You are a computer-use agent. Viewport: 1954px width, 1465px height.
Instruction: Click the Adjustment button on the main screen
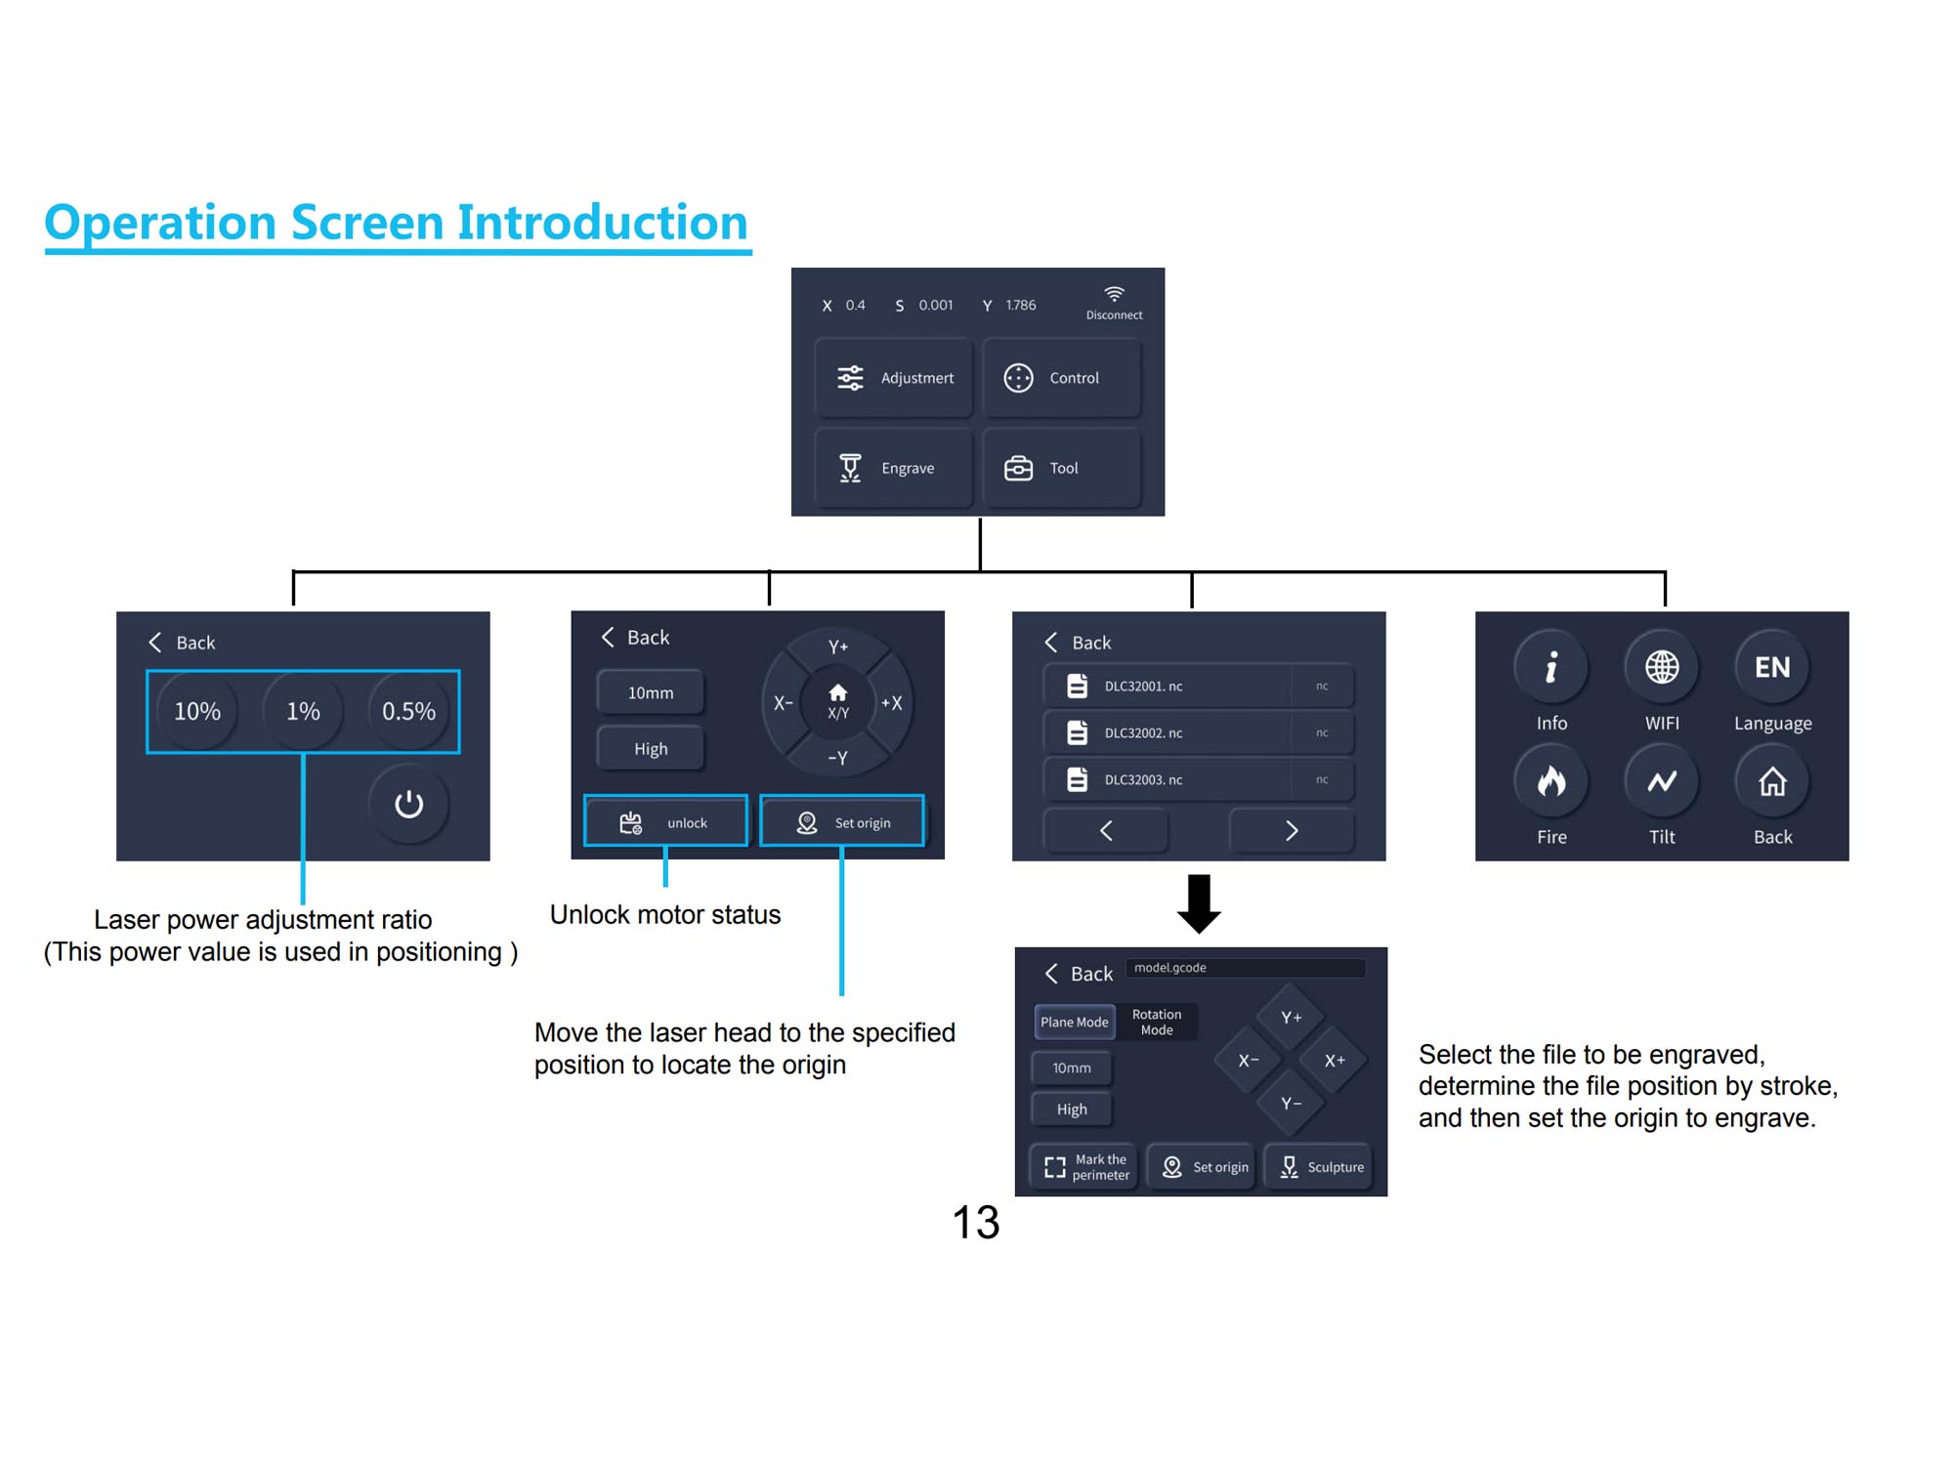(x=894, y=378)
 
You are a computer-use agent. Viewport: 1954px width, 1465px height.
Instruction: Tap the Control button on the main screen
(x=1062, y=378)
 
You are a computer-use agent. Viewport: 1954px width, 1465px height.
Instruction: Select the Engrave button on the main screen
(x=894, y=468)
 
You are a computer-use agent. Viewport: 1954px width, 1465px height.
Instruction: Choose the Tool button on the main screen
(x=1062, y=468)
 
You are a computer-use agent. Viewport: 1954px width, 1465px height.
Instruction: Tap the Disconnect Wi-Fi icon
(x=1114, y=294)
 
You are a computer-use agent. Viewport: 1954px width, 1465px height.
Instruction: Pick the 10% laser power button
(x=197, y=711)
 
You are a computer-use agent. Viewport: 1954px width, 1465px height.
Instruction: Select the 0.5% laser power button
(x=408, y=711)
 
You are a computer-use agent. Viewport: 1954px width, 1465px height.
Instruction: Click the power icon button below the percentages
(x=408, y=804)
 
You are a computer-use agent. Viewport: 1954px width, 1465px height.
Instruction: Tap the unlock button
(x=665, y=821)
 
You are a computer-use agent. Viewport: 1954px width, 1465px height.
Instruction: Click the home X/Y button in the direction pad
(x=837, y=701)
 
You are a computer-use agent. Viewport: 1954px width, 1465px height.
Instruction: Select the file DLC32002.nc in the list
(x=1198, y=732)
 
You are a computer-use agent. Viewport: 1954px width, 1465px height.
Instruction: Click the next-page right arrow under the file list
(x=1292, y=830)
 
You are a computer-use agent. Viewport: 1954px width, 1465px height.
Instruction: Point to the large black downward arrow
(x=1199, y=903)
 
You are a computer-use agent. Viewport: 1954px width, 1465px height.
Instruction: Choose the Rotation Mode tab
(x=1157, y=1022)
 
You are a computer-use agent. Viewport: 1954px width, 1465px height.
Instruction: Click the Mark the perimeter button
(x=1084, y=1166)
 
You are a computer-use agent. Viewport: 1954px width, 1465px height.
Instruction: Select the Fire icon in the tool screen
(x=1551, y=781)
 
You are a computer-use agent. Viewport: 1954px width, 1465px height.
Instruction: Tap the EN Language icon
(x=1772, y=667)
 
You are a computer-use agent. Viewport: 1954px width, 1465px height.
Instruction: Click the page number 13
(x=976, y=1222)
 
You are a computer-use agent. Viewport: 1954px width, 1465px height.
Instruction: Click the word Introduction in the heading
(x=602, y=222)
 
